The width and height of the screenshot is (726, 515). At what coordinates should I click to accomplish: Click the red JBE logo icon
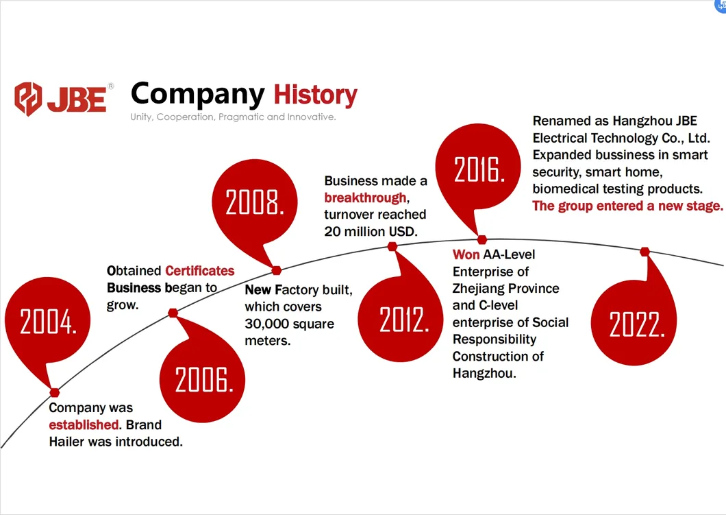pos(28,98)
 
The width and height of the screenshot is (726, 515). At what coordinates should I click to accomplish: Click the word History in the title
pos(315,95)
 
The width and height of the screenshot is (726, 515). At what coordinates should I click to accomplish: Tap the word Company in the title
pos(198,95)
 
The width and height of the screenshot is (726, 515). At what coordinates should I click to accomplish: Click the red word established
pos(84,424)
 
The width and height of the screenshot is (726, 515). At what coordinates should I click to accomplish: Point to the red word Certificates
pos(199,271)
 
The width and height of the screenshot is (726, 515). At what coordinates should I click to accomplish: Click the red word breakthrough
pos(365,198)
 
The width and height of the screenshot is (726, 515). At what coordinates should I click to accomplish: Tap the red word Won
pos(466,254)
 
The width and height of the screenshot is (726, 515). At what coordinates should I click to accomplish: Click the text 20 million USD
pos(371,231)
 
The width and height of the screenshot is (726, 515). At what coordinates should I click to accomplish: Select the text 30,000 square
pos(290,324)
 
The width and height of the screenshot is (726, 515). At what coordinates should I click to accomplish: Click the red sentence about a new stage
pos(627,206)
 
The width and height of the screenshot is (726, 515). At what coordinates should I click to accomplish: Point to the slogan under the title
pos(233,117)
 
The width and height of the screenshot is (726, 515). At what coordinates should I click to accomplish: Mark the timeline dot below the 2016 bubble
pos(482,239)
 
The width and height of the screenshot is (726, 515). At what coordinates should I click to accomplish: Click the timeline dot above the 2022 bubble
pos(644,252)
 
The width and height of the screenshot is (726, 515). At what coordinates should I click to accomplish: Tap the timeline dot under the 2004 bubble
pos(55,393)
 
